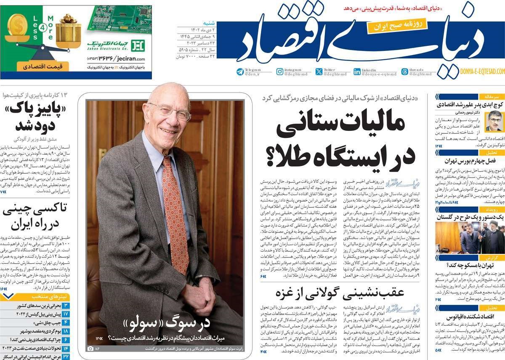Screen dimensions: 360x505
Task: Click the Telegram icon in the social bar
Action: click(x=240, y=72)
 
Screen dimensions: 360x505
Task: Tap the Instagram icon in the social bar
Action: click(x=280, y=72)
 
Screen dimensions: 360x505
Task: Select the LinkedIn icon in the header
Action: click(x=357, y=72)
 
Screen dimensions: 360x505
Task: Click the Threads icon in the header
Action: click(x=404, y=72)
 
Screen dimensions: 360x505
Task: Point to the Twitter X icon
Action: click(x=319, y=72)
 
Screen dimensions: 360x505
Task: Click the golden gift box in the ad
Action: click(x=67, y=32)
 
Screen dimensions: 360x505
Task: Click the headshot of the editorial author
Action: click(x=494, y=122)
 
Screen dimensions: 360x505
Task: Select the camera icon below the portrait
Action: click(x=90, y=348)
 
